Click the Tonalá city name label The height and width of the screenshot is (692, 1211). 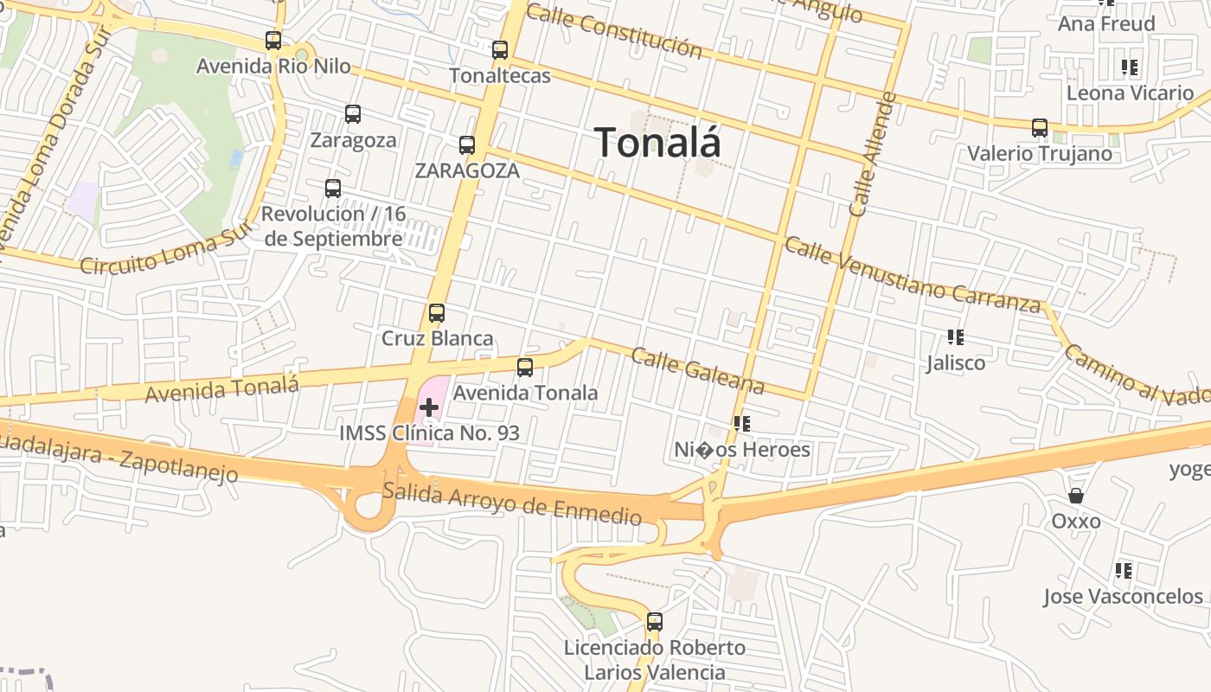[657, 143]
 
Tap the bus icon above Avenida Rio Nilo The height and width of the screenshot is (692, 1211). [273, 41]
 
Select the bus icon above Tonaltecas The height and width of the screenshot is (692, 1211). [500, 50]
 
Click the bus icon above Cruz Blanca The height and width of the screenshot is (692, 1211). [437, 313]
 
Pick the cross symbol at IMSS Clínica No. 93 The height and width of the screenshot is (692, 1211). [429, 407]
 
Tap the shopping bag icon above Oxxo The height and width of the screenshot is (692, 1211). [1076, 496]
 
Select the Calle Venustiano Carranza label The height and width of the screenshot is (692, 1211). [912, 274]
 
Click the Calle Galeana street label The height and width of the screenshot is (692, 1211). [697, 370]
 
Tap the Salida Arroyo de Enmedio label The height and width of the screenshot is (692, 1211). [511, 503]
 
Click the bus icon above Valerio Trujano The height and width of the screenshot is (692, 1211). [1040, 128]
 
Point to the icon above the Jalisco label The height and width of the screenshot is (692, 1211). [956, 337]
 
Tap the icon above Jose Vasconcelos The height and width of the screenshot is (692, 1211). [1124, 571]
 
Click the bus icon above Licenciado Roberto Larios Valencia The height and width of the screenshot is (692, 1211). [655, 622]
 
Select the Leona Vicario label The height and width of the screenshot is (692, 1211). [1130, 93]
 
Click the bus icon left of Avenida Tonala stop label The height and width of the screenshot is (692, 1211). [525, 368]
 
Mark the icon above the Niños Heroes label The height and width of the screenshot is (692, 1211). [742, 424]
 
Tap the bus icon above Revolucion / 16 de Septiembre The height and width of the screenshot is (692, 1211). [333, 189]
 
